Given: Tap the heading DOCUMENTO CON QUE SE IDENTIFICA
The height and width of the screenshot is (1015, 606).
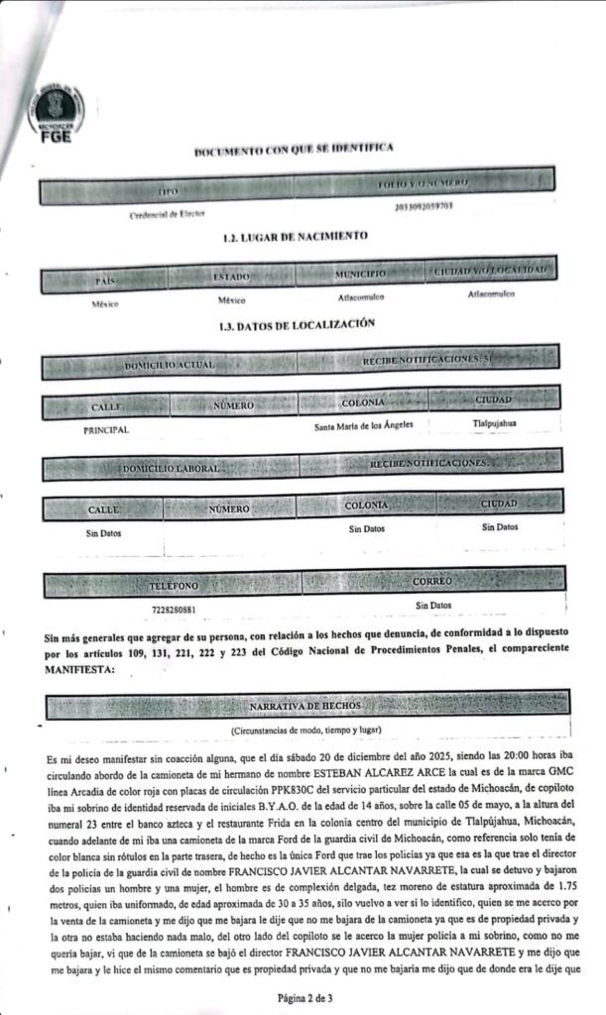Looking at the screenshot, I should pos(294,149).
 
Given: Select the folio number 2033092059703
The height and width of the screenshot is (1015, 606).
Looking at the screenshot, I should pos(424,206).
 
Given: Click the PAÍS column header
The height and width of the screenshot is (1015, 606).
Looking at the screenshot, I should pos(106,281).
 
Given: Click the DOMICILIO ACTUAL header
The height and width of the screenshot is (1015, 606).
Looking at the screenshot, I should pos(169,366).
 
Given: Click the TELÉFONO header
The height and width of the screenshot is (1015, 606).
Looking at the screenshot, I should pos(174,586).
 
